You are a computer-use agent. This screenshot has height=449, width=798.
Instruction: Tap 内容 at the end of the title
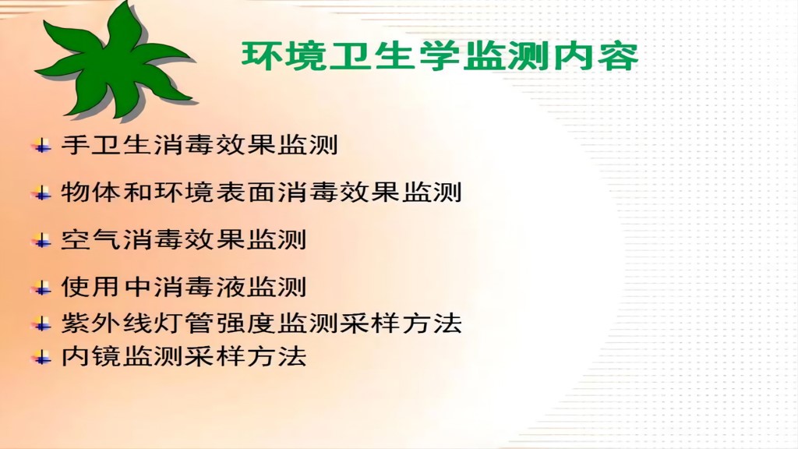pyautogui.click(x=602, y=56)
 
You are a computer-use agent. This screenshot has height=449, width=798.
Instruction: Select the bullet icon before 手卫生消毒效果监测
pyautogui.click(x=41, y=146)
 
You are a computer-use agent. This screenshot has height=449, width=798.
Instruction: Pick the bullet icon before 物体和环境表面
pyautogui.click(x=41, y=193)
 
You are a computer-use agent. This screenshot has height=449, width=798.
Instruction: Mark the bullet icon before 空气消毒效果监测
pyautogui.click(x=41, y=240)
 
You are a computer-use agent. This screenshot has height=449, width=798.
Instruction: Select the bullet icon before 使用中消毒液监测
pyautogui.click(x=41, y=288)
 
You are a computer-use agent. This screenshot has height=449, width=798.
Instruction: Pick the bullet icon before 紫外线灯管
pyautogui.click(x=41, y=323)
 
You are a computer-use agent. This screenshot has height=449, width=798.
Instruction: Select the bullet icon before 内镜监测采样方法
pyautogui.click(x=41, y=358)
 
